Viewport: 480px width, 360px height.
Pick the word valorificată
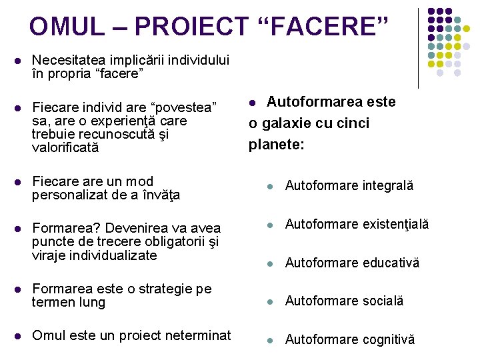click(65, 147)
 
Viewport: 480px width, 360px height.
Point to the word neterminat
click(195, 335)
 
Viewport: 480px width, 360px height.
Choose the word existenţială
click(396, 224)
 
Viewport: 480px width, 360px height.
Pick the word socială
click(383, 301)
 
